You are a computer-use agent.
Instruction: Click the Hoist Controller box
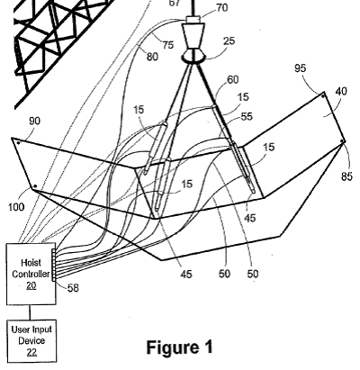(31, 274)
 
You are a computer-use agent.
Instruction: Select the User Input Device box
(31, 341)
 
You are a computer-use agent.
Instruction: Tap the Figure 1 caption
(180, 347)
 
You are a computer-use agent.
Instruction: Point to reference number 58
(73, 288)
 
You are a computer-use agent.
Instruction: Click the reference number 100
(16, 207)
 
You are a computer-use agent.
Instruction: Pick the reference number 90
(34, 121)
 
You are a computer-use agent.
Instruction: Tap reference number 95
(300, 68)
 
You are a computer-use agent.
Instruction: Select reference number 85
(346, 176)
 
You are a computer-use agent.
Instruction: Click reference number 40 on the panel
(341, 91)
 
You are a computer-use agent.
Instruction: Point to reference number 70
(222, 8)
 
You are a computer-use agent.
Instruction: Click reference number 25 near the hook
(229, 41)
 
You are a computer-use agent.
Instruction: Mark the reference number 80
(152, 57)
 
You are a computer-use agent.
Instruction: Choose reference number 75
(168, 45)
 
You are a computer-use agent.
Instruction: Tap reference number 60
(233, 79)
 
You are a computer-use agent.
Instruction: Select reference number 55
(247, 116)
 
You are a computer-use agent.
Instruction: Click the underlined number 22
(31, 352)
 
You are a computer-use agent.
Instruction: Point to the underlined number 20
(31, 285)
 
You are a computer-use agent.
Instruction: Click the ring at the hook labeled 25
(193, 57)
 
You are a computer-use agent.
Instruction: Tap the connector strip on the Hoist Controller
(54, 266)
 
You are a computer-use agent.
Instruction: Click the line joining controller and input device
(30, 312)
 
